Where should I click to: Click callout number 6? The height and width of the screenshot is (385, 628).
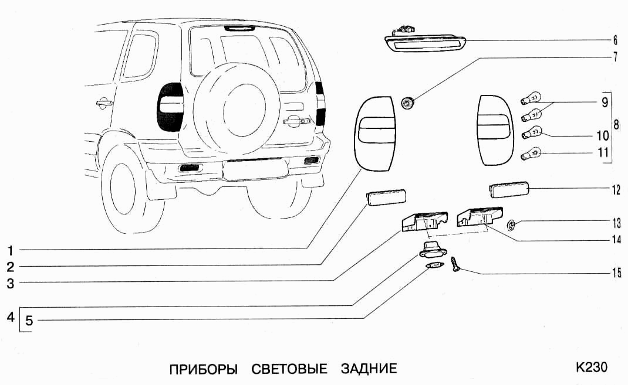coord(615,40)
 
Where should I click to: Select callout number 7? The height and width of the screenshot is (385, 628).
coord(615,57)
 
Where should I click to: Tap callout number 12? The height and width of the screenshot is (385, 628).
coord(615,189)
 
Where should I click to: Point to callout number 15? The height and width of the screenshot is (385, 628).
coord(615,272)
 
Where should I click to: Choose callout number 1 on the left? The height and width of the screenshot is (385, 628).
coord(10,250)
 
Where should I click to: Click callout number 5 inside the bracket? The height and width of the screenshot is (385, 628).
coord(29,321)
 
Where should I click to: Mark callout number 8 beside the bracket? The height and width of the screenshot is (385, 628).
coord(616,125)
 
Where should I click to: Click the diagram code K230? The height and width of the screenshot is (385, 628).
coord(591,367)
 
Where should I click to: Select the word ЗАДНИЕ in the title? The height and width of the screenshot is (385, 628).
coord(369,369)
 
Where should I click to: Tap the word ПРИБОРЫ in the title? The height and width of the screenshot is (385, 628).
coord(203,369)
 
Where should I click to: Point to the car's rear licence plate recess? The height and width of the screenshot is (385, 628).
coord(254,171)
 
